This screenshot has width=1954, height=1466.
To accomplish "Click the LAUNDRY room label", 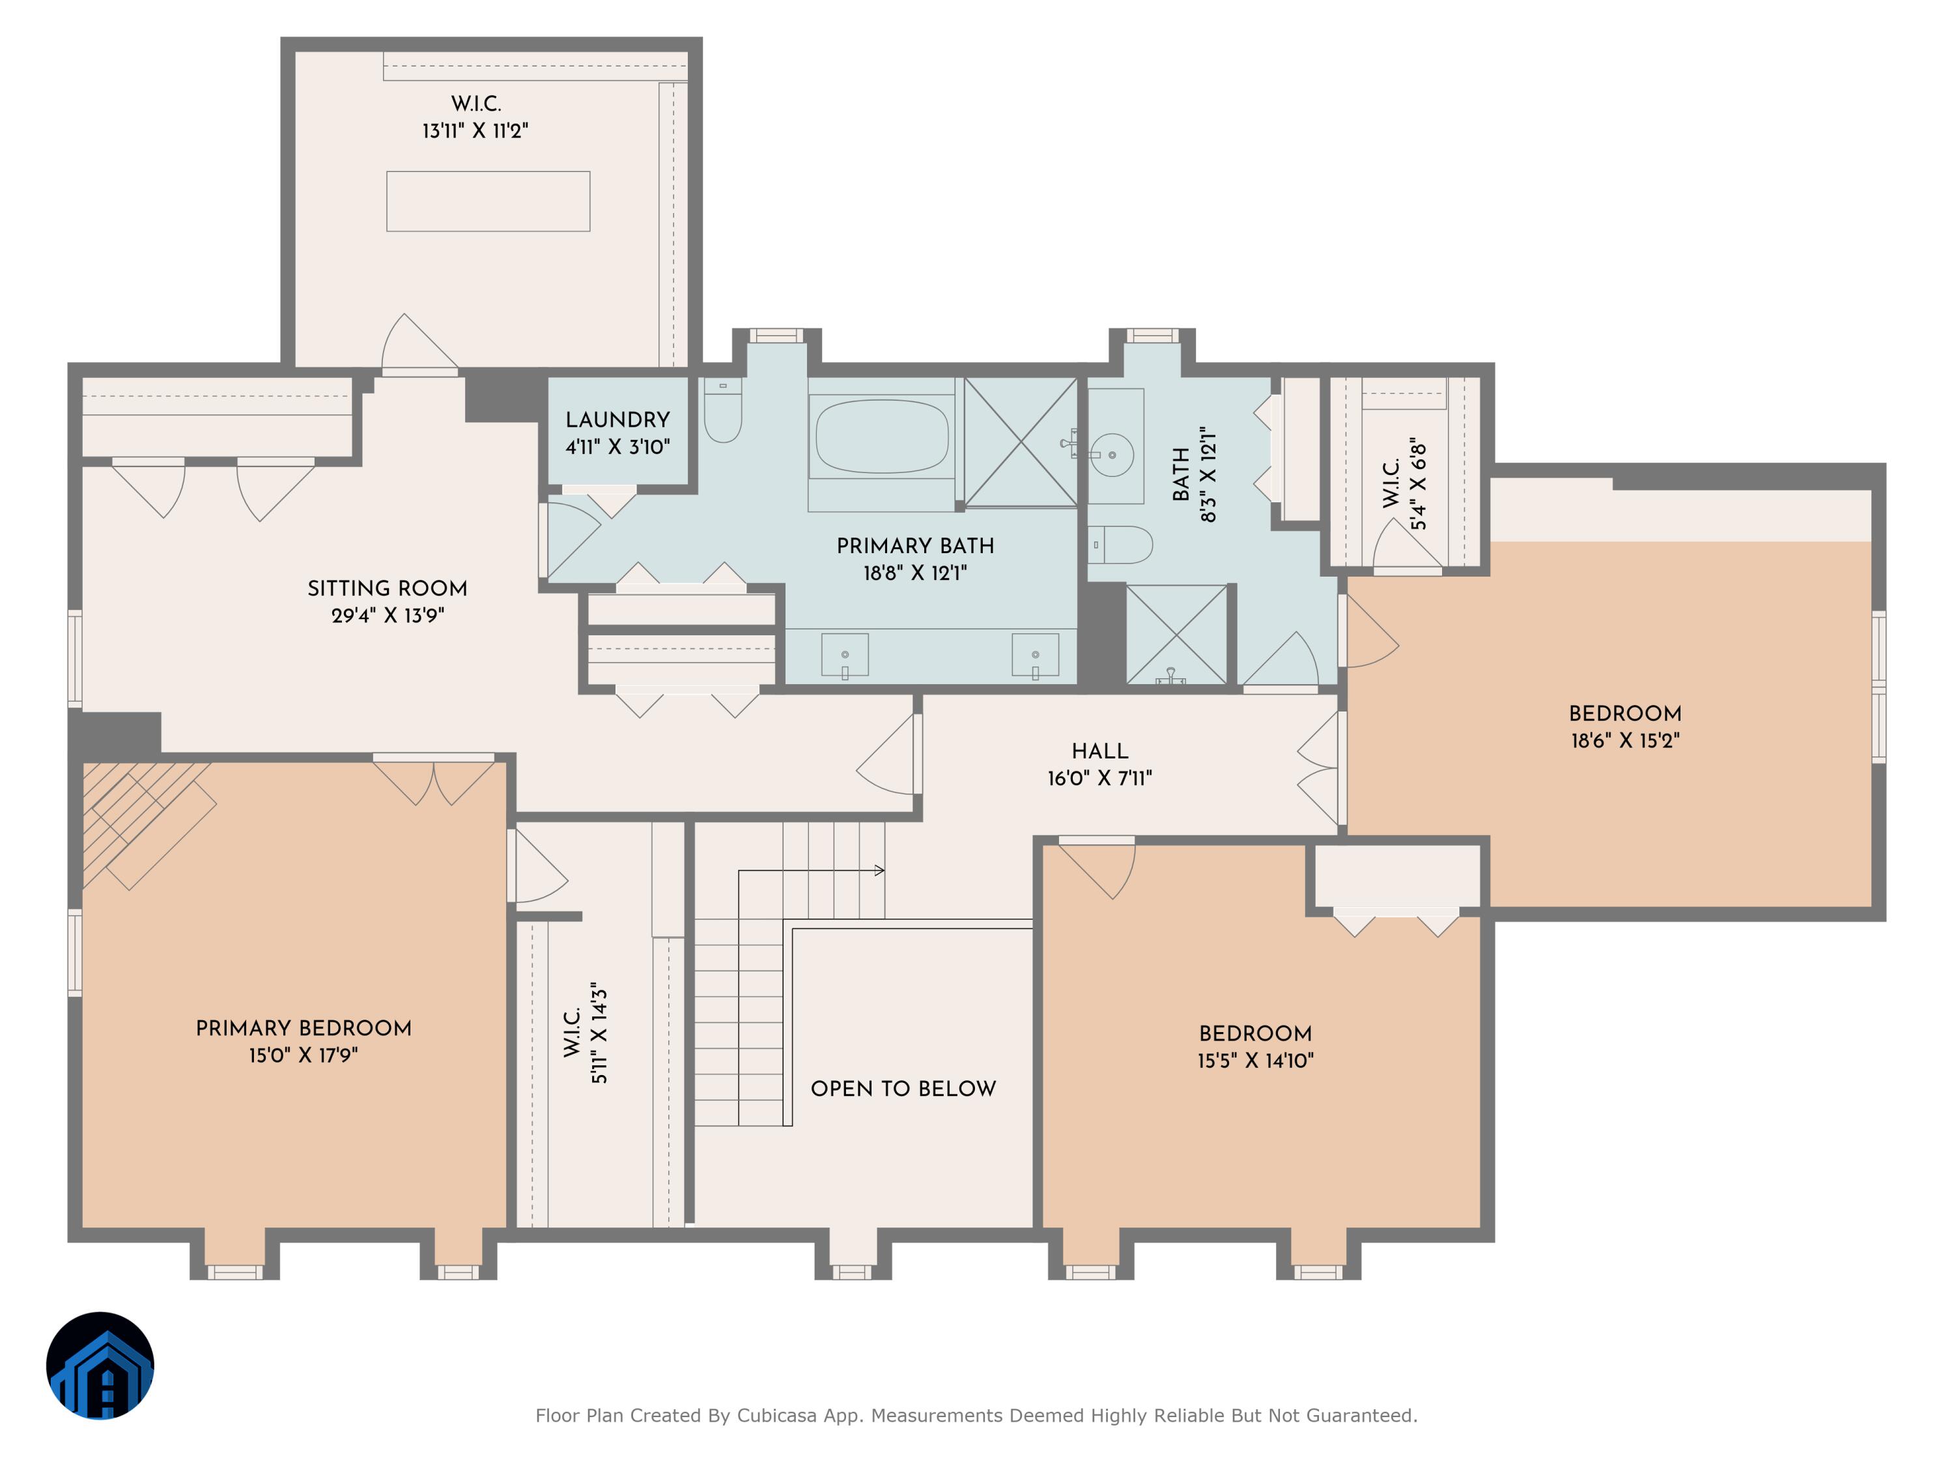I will point(617,420).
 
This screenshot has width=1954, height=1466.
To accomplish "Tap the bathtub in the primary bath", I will point(882,436).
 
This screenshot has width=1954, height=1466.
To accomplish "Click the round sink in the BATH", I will point(1112,455).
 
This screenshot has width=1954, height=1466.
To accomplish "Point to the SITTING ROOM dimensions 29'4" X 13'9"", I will point(387,616).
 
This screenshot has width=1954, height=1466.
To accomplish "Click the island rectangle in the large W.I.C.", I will point(488,201).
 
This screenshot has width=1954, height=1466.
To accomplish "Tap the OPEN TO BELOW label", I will point(903,1089).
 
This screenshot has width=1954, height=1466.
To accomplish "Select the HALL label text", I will point(1100,751).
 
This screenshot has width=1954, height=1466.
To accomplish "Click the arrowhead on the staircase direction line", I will point(880,870).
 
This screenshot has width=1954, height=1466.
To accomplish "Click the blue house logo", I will point(100,1365).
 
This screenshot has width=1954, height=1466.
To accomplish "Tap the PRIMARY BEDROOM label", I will point(303,1028).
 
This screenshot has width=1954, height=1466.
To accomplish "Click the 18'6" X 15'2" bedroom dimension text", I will point(1624,741).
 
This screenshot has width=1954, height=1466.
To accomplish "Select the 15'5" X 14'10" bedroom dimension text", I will point(1254,1060).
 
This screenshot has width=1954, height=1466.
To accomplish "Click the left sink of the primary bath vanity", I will point(845,655).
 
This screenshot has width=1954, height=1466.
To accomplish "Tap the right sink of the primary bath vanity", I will point(1034,655).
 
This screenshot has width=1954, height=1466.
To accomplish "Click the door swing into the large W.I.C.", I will point(415,345).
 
